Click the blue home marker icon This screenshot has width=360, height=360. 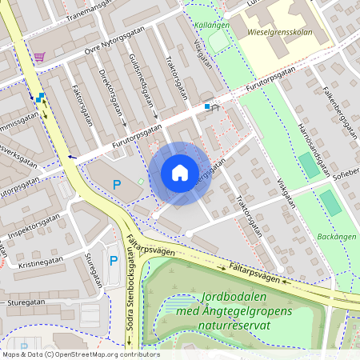(x=180, y=173)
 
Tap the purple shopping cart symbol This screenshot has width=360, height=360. (x=39, y=57)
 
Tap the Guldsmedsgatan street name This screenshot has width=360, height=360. (x=142, y=83)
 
